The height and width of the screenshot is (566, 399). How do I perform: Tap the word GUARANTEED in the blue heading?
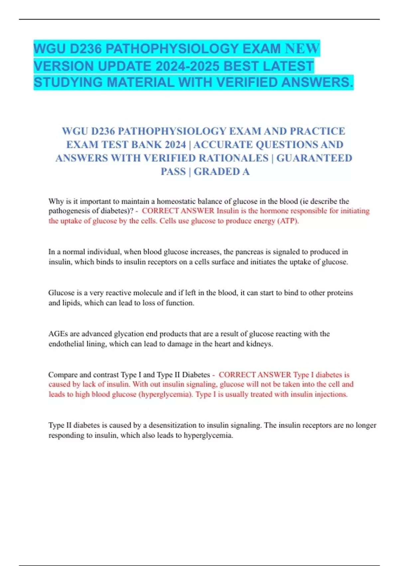[314, 158]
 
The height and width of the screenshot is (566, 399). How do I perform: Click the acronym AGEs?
[58, 334]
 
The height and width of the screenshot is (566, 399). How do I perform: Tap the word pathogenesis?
[69, 211]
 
